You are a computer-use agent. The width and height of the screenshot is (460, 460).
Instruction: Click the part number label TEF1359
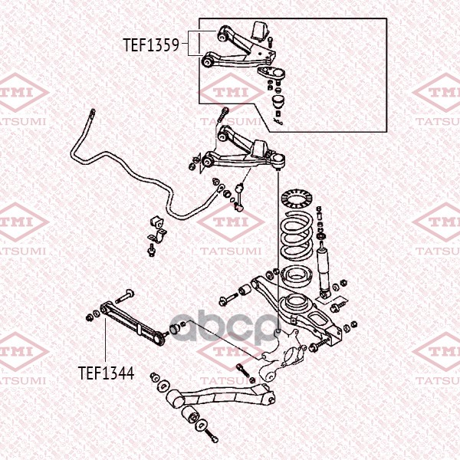151,45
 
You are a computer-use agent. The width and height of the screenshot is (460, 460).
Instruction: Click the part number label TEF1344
107,373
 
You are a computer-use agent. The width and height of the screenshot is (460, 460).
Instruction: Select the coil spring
296,235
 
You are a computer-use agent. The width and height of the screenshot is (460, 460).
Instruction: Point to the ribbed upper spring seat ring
296,199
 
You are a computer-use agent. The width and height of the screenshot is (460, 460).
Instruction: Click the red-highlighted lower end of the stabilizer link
238,208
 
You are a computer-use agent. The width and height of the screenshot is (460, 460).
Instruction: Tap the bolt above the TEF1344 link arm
125,296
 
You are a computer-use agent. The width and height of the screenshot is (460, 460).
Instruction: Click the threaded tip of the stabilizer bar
93,113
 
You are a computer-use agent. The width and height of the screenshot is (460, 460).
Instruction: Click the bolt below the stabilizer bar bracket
152,250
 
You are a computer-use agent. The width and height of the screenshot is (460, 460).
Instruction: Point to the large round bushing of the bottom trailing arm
174,399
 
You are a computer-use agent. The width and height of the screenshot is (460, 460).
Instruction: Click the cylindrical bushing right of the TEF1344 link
175,329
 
